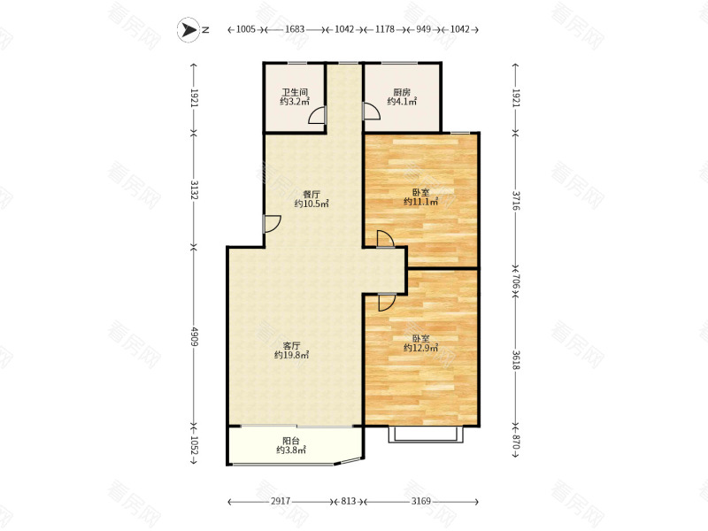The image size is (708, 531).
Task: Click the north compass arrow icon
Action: [189, 30]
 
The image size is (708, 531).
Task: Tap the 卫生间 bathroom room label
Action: [295, 92]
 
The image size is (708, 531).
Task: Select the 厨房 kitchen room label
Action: [402, 92]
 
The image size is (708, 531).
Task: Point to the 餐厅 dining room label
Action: [312, 195]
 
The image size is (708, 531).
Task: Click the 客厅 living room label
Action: [291, 346]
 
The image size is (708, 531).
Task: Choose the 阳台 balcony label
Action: [291, 441]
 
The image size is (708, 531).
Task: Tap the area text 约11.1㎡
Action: [421, 202]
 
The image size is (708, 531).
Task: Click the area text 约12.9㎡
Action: [421, 348]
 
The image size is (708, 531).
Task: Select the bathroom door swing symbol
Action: [317, 115]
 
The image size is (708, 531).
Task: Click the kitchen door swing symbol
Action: [371, 112]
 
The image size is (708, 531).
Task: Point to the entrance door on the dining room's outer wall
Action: [272, 224]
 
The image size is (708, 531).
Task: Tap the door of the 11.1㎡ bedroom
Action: [385, 239]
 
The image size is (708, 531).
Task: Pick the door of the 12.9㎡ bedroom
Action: [387, 302]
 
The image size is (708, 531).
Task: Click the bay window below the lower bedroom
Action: [426, 434]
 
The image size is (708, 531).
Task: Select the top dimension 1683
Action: [295, 29]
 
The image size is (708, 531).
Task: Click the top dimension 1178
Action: [385, 29]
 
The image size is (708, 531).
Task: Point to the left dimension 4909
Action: [194, 336]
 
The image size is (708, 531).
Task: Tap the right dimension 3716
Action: [516, 200]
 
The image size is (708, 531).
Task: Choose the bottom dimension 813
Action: [348, 501]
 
